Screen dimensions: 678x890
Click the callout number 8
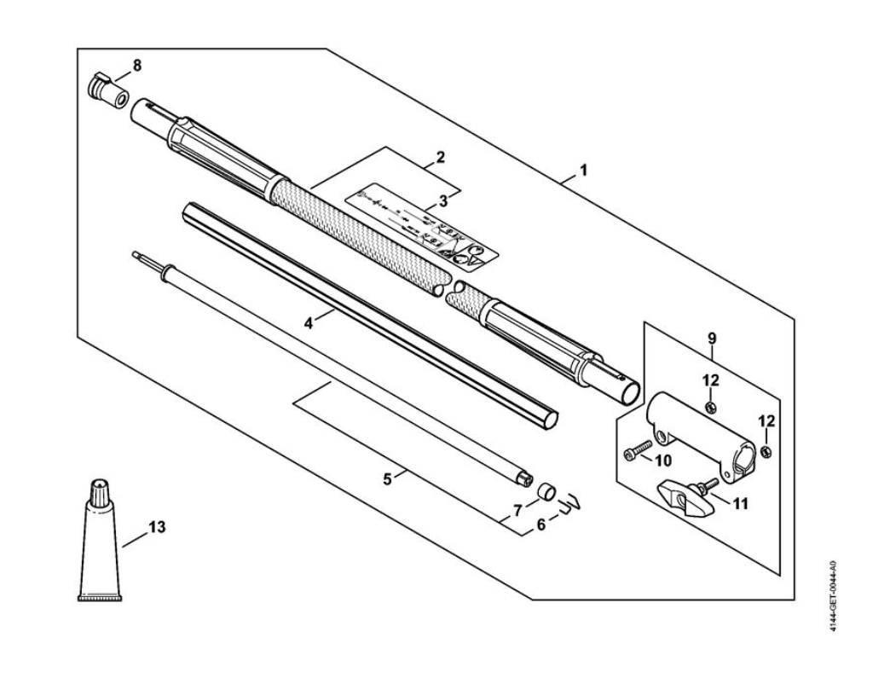[137, 65]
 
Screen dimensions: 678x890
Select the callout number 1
[583, 170]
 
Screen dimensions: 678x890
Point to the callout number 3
[442, 200]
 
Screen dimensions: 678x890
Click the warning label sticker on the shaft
[421, 226]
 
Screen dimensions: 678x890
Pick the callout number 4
[309, 323]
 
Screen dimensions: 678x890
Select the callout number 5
[388, 479]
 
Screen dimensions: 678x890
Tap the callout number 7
[516, 511]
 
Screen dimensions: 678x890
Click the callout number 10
[665, 461]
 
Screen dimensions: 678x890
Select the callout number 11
[741, 504]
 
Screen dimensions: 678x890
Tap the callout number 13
[156, 527]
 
